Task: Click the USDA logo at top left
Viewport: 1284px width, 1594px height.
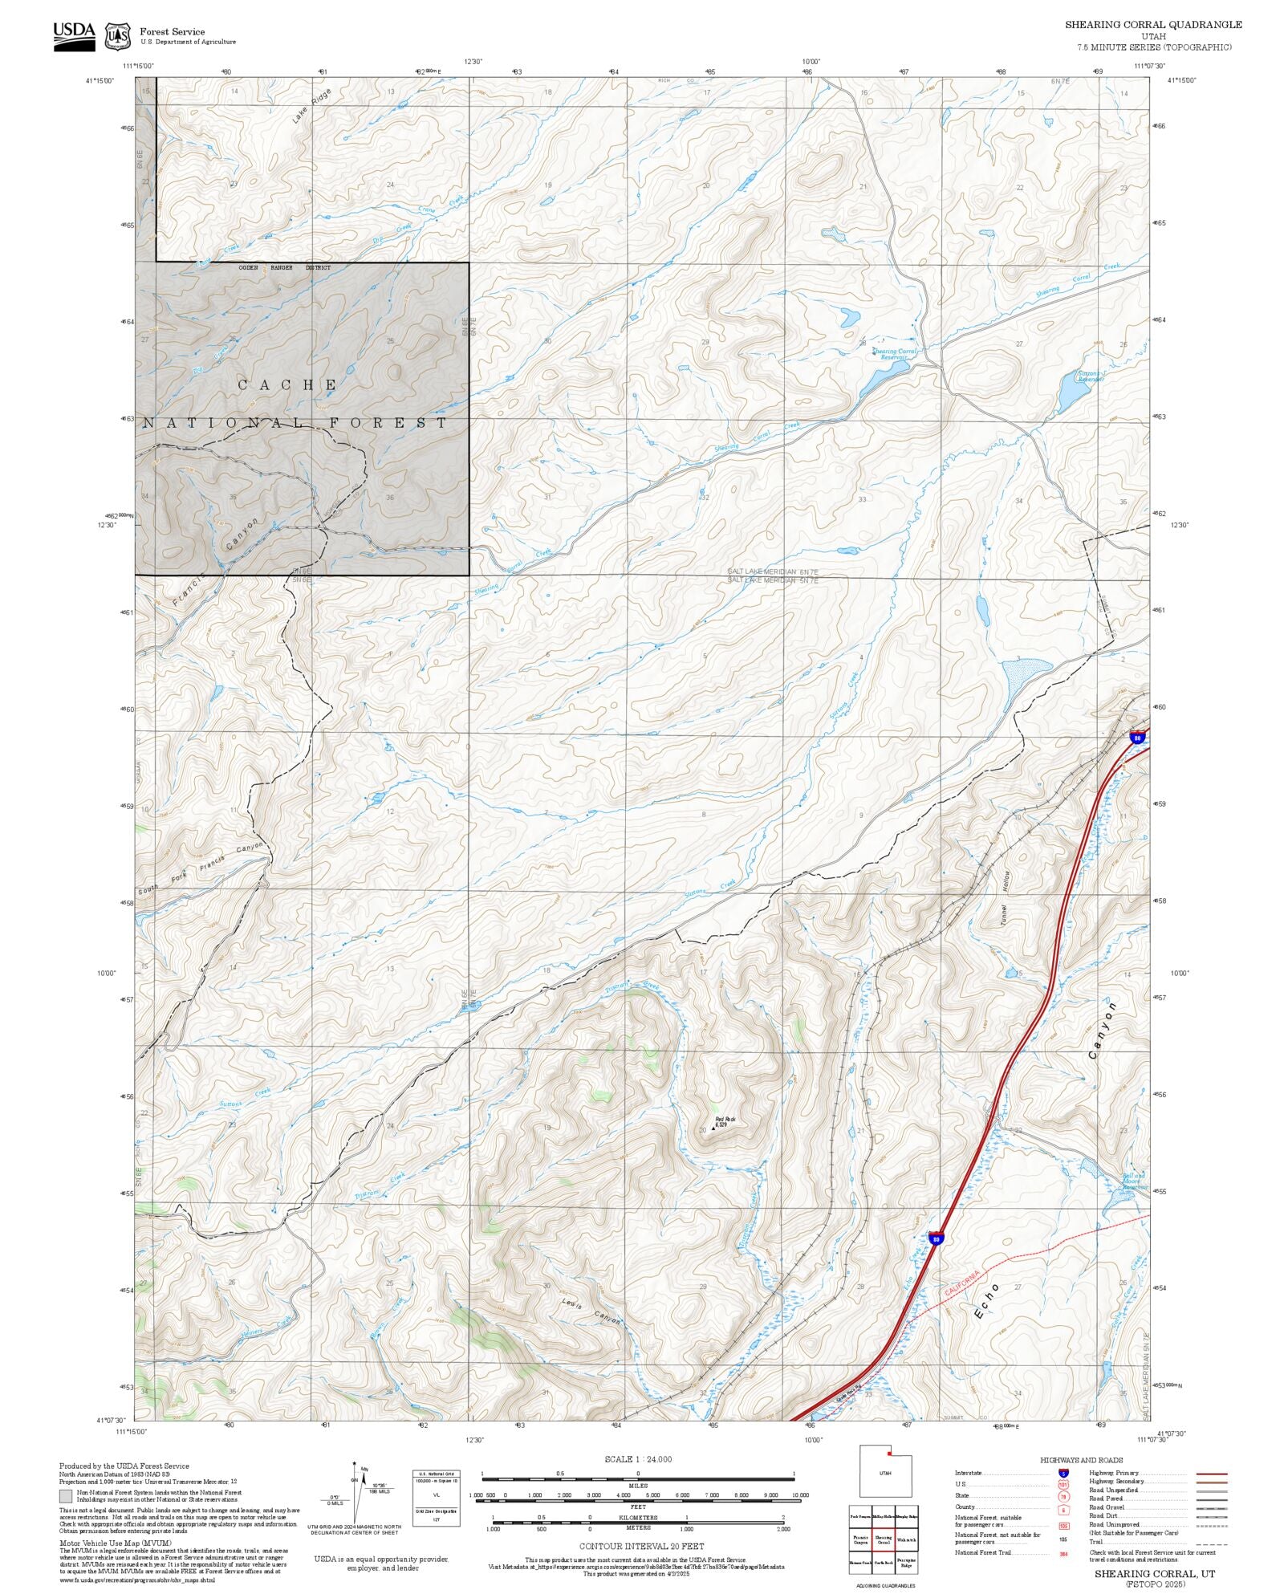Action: coord(74,36)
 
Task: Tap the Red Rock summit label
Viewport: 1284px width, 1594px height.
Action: coord(725,1120)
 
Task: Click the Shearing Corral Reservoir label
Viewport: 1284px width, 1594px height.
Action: coord(894,353)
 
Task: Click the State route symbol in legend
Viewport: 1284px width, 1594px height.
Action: coord(1063,1497)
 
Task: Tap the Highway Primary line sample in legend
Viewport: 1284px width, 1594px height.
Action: coord(1212,1474)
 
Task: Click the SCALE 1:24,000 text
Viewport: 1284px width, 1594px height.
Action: coord(638,1459)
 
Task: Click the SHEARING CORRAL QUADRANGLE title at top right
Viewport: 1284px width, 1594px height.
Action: coord(1153,24)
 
